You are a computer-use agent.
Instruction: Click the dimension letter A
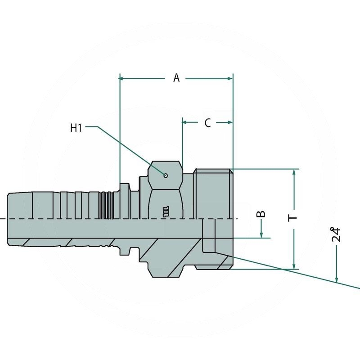tap(176, 78)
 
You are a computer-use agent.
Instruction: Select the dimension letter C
tap(207, 122)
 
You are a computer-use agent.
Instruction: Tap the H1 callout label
tap(76, 128)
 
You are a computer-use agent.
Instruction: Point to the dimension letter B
tap(262, 213)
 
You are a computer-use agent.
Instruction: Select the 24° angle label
tap(336, 234)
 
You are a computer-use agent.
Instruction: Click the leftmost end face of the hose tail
tap(8, 219)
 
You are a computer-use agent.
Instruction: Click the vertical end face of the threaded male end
tap(233, 218)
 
